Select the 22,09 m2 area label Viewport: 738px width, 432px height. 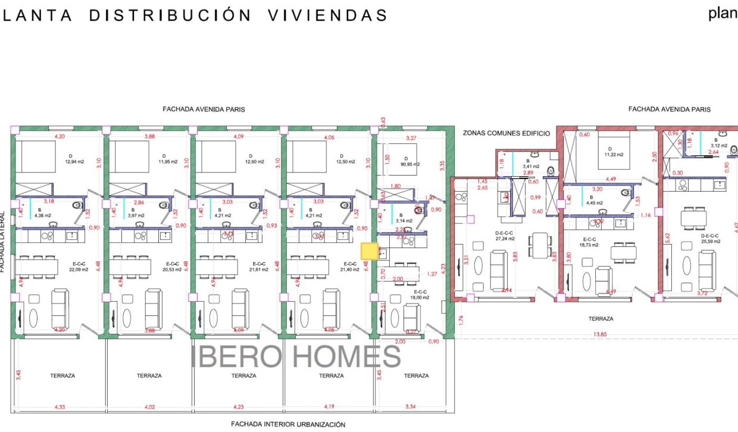coord(78,270)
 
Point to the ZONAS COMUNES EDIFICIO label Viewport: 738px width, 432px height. coord(506,133)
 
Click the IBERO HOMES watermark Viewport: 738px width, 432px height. coord(296,356)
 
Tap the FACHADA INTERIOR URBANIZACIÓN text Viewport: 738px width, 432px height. coord(288,425)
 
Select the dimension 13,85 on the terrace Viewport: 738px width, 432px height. coord(600,335)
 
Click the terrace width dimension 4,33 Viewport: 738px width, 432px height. coord(60,407)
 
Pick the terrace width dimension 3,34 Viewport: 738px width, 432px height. coord(411,407)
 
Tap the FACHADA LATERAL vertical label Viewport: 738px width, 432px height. coord(3,242)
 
